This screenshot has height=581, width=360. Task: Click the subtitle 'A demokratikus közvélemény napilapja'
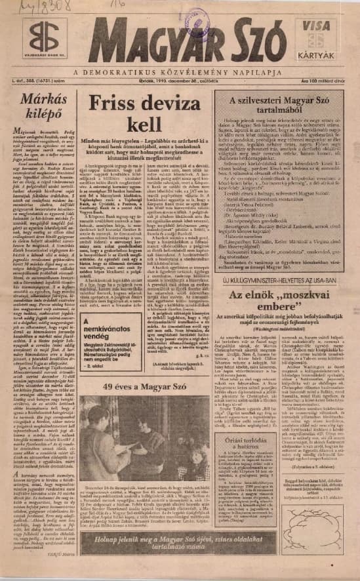pyautogui.click(x=180, y=71)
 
